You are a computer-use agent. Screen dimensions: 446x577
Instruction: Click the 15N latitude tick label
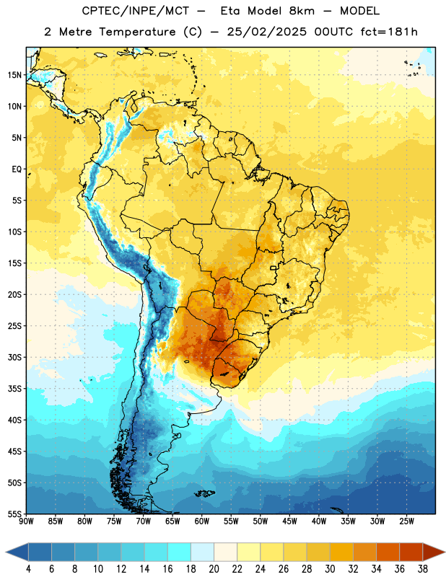[14, 75]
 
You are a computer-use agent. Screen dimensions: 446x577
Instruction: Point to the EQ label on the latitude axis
[17, 169]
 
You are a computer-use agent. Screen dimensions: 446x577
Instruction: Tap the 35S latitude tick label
[14, 389]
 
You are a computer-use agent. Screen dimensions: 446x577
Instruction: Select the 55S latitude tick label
[14, 514]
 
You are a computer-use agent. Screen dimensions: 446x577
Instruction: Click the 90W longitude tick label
[26, 521]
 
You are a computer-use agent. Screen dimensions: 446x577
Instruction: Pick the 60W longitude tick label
[202, 521]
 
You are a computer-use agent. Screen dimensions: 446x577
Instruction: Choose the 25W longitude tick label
[406, 521]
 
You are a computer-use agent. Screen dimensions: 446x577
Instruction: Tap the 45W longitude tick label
[289, 521]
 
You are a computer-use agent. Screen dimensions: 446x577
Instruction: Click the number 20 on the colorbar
[214, 569]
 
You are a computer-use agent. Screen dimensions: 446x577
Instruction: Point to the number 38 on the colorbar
[422, 569]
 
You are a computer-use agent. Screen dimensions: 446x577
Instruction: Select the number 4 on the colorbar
[28, 569]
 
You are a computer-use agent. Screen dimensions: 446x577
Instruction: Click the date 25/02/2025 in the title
[266, 32]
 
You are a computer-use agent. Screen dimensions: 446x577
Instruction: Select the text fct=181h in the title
[389, 32]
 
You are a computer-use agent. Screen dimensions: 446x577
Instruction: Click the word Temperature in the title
[137, 32]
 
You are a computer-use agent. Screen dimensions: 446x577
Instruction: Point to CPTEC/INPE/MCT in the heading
[136, 11]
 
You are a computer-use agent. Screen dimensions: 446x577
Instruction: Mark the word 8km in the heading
[302, 11]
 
